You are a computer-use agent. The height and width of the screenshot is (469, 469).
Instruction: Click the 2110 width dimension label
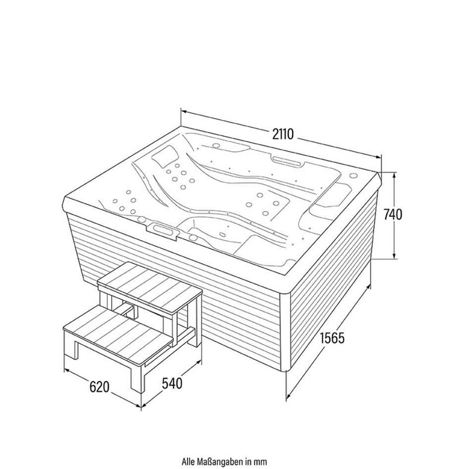[x=281, y=133]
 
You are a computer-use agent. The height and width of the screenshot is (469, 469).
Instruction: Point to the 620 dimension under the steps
[x=100, y=386]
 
